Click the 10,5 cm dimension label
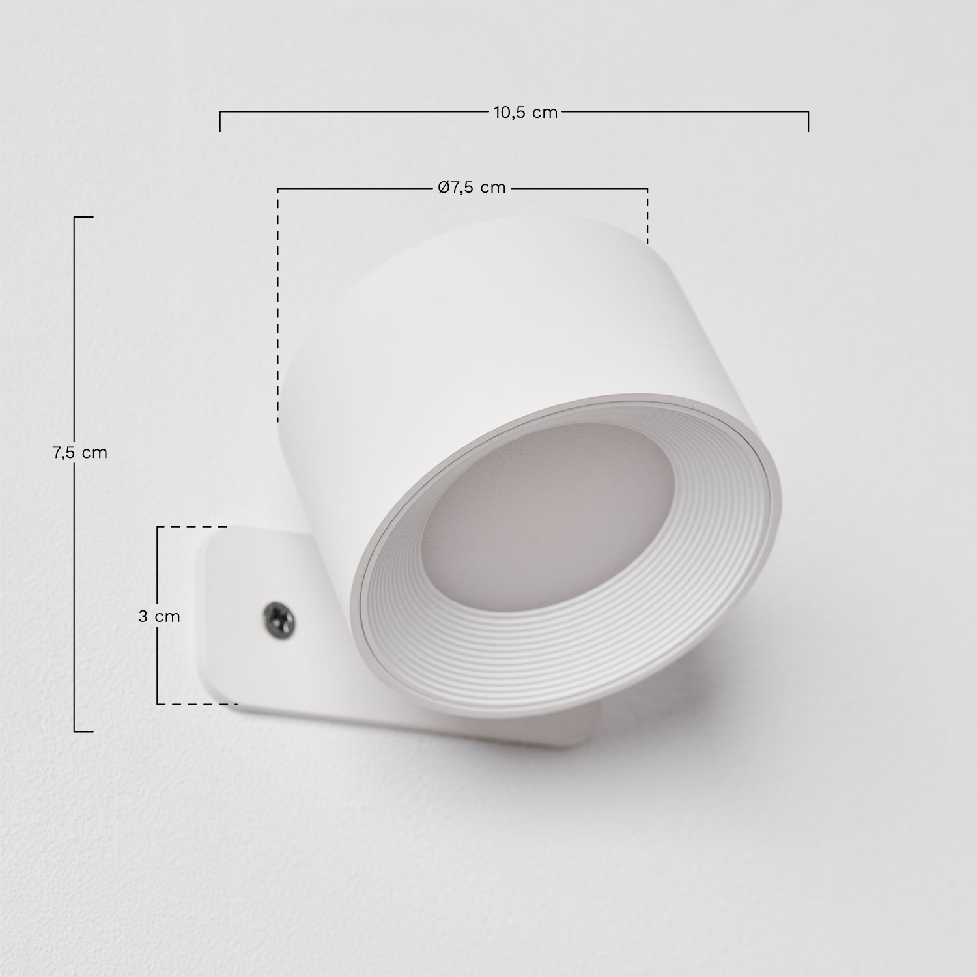(x=525, y=113)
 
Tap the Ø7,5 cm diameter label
(x=472, y=188)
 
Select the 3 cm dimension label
(x=159, y=616)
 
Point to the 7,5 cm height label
(x=79, y=453)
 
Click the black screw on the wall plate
(x=277, y=616)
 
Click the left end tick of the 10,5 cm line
(x=220, y=121)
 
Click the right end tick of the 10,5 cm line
(x=808, y=121)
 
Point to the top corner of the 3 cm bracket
(x=158, y=527)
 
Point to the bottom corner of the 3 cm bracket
(x=158, y=703)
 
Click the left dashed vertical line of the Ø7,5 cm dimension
(x=278, y=306)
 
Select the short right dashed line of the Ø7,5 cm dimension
(x=647, y=215)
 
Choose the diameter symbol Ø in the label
(x=444, y=188)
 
